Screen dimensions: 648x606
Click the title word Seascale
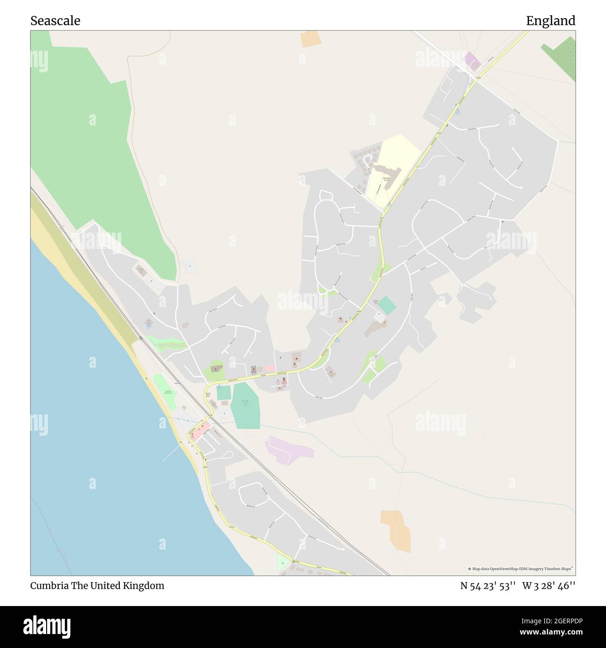(x=55, y=21)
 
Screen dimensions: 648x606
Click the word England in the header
(x=551, y=21)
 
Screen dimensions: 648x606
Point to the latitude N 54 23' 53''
(x=487, y=586)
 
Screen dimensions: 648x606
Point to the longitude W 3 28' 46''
(x=549, y=586)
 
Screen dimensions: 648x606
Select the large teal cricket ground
(x=246, y=406)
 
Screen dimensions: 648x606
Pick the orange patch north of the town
(x=310, y=39)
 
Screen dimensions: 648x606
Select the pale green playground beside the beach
(x=163, y=386)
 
